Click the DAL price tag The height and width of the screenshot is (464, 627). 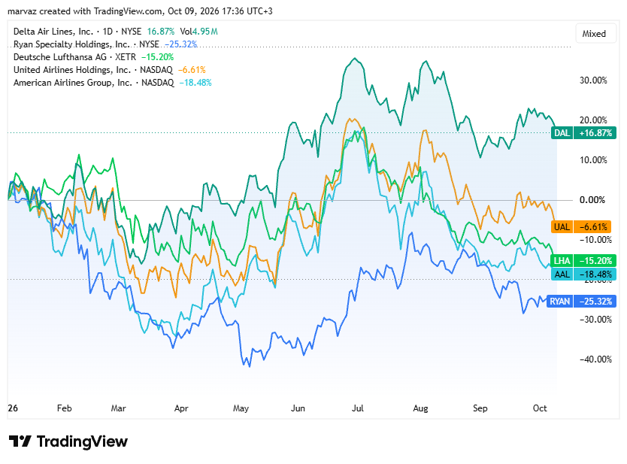[583, 133]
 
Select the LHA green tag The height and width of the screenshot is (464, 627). [583, 261]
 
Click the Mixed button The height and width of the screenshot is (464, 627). [594, 34]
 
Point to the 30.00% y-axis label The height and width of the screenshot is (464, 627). [593, 80]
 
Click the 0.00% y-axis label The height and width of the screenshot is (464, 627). [592, 200]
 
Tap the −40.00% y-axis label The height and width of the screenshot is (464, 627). [595, 359]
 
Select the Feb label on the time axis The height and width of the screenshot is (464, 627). [65, 408]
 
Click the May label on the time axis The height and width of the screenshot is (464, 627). [241, 408]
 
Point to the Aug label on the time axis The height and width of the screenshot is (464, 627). [420, 408]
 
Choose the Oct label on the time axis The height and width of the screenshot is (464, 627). [540, 408]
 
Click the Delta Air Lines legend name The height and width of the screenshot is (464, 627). [53, 31]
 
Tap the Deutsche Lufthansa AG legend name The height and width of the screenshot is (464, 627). [60, 57]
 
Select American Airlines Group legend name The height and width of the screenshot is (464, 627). [73, 83]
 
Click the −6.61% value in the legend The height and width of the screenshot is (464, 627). [192, 70]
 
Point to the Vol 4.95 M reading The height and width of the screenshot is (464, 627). [198, 31]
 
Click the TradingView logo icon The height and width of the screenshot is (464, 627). [20, 441]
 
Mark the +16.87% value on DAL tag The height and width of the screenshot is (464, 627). [595, 133]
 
